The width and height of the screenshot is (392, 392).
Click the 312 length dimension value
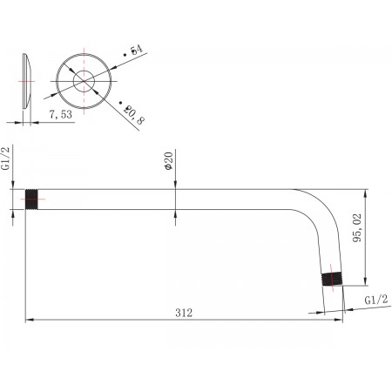[184, 313]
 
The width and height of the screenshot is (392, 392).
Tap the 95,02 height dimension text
[357, 228]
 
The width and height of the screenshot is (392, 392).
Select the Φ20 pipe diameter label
[168, 161]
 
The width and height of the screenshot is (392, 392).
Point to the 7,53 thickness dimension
[61, 114]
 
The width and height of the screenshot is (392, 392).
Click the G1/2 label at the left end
[6, 159]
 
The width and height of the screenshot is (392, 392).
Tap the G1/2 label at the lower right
[376, 300]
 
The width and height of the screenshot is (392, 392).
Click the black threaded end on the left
[31, 199]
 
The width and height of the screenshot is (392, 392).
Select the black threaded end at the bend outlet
[333, 280]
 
